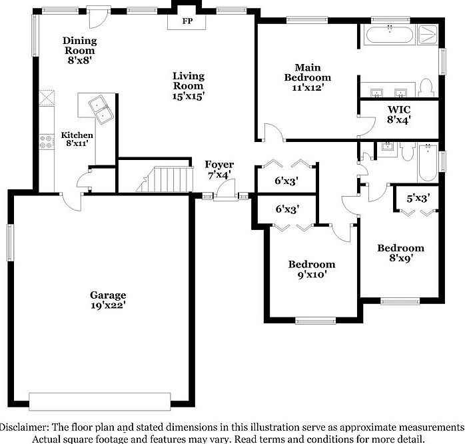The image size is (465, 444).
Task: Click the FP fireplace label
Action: tap(188, 21)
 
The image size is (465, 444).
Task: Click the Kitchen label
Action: tap(77, 135)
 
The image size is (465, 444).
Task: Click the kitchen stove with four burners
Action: tap(47, 141)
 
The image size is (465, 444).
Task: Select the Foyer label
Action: tap(218, 165)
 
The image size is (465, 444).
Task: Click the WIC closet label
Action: tap(398, 109)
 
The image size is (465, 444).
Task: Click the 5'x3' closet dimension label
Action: tap(413, 197)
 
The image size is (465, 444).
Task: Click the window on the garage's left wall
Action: tap(11, 243)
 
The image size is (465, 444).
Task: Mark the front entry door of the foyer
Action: tap(226, 191)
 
